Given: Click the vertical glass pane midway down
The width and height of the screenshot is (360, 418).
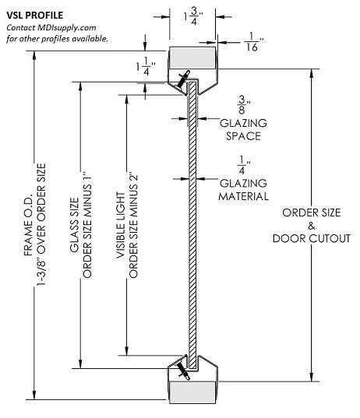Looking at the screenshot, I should coord(192,226).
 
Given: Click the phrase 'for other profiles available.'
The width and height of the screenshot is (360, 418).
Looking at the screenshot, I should coord(58,38).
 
